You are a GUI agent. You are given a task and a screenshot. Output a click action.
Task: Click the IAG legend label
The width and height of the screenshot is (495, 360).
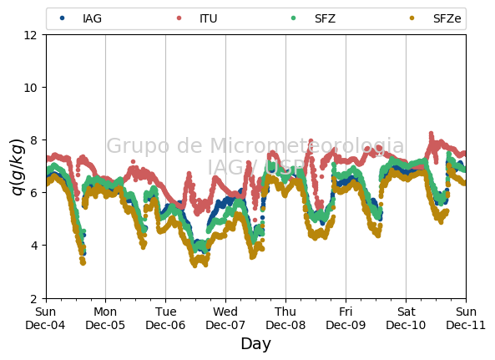coord(92,18)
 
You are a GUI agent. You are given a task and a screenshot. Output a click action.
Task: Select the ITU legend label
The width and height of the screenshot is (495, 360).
coord(209,18)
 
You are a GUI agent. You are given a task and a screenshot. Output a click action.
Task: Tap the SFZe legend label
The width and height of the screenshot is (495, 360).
coord(447,18)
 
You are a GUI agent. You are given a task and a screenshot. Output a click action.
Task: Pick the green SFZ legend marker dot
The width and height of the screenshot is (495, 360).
coord(293,18)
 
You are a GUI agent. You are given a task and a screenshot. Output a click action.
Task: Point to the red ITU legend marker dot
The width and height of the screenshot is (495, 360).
coord(179,18)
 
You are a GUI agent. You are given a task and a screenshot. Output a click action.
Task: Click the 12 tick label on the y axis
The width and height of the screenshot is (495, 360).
coord(30,35)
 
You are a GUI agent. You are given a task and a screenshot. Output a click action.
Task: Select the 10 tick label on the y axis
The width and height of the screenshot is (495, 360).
coord(30,88)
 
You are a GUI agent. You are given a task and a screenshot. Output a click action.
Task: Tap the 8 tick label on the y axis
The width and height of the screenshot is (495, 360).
coord(33,140)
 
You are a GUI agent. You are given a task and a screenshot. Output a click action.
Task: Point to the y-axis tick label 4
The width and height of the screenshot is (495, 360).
coord(33,246)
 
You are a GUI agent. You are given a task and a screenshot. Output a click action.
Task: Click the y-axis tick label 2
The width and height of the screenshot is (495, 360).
coord(33,298)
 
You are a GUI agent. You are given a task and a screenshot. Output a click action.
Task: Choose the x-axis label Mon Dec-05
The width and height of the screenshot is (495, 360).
coord(105,318)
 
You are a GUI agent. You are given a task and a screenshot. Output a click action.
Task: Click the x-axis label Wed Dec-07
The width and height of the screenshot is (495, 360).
coord(225,318)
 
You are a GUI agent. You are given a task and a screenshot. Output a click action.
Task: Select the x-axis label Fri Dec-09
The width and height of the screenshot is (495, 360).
coord(346,318)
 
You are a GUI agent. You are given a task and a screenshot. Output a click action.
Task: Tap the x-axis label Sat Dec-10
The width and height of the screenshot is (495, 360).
coord(406,318)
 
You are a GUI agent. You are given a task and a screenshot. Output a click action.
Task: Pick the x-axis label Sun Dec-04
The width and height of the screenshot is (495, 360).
coord(45,318)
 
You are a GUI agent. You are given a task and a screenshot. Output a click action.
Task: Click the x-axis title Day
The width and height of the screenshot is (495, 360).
coord(255,344)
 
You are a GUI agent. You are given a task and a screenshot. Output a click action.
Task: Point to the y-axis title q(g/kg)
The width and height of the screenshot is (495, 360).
coord(18,167)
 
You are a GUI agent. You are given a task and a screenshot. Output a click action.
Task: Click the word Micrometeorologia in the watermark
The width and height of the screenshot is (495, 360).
coord(307,145)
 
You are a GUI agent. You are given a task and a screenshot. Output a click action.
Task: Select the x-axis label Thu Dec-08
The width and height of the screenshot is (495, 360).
coord(285,318)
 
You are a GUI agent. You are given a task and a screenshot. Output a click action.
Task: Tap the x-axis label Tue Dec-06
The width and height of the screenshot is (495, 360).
coord(165,318)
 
